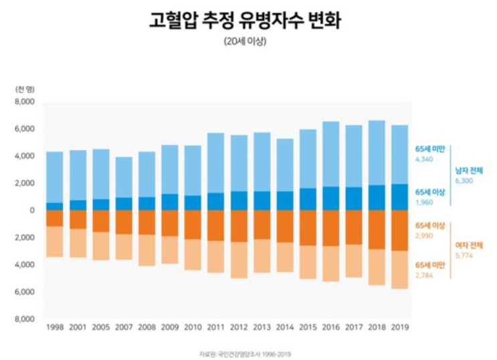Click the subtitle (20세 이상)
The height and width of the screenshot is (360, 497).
249,41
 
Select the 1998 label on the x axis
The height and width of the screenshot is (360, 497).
55,328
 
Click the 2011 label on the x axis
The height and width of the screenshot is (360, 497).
216,328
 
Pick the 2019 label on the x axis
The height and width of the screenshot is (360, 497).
400,328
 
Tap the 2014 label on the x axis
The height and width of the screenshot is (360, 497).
285,328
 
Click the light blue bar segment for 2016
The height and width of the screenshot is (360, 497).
331,154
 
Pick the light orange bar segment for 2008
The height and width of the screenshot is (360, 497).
147,250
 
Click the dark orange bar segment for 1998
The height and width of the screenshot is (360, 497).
55,218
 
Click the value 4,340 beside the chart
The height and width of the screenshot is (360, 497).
425,159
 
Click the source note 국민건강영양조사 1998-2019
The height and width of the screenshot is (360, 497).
248,353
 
